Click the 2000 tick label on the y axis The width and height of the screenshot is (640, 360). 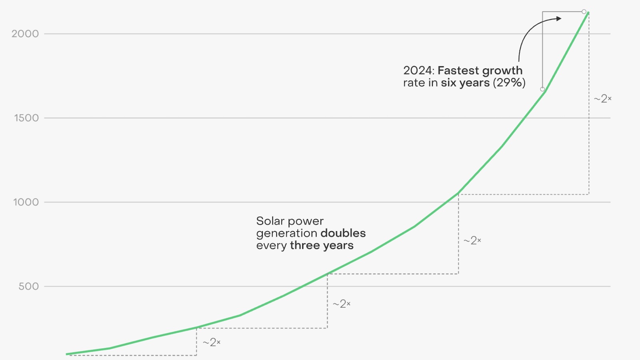coord(25,34)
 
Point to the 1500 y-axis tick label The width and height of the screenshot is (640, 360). coord(26,118)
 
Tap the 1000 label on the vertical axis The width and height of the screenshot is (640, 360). coord(26,202)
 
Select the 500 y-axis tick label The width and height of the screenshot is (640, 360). coord(29,286)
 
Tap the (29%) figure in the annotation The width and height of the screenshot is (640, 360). coord(509,83)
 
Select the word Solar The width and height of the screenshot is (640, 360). coord(270,221)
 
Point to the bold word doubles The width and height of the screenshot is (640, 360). coord(343,233)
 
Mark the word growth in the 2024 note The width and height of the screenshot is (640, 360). coord(502,70)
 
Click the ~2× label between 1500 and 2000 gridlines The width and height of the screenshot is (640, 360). coord(602,98)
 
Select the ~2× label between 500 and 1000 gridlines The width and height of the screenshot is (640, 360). coord(472,240)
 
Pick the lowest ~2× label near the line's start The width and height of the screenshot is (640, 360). coord(211,342)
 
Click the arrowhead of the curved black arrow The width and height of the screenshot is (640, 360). coord(559,18)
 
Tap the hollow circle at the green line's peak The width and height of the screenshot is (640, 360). coord(584,12)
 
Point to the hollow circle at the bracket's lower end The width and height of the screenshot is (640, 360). coord(542,89)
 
